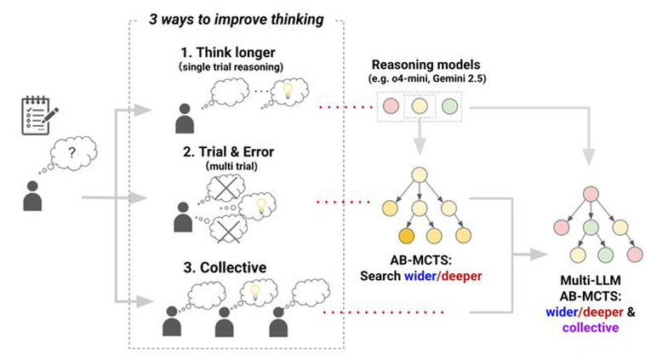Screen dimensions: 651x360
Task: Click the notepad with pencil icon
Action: [39, 116]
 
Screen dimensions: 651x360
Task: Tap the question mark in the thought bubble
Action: [72, 153]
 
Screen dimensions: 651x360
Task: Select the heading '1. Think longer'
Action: [227, 53]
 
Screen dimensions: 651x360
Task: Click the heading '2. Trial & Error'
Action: [228, 151]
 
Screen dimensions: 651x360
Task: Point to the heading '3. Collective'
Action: [225, 267]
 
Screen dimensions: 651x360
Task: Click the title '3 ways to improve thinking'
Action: [237, 20]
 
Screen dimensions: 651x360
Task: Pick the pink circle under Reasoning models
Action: [391, 106]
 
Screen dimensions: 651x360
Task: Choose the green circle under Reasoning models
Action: [449, 106]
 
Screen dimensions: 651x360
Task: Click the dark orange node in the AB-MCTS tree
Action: [407, 236]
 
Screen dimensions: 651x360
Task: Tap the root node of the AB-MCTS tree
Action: [420, 174]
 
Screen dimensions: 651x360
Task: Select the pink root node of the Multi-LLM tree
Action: [591, 194]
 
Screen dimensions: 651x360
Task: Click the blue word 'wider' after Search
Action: [420, 276]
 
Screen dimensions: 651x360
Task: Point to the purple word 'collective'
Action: [591, 328]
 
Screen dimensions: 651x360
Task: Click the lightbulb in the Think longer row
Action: [288, 89]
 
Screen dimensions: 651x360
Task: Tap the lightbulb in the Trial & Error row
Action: [260, 205]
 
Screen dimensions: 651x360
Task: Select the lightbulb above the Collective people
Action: [255, 291]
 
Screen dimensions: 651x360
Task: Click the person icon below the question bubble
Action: [32, 196]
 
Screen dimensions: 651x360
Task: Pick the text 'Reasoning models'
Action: [425, 65]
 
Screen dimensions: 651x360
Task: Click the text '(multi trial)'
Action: [231, 167]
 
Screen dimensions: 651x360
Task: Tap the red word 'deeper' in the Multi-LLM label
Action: [602, 311]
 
